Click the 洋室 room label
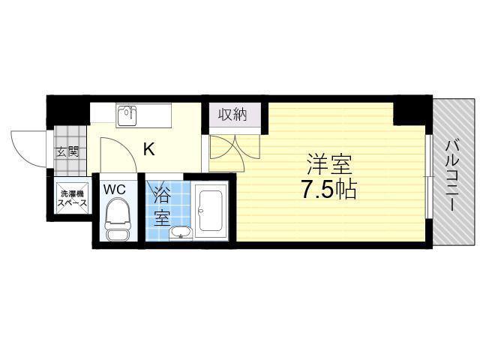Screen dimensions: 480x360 tap(329, 164)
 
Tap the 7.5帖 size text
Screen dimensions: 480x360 tap(328, 189)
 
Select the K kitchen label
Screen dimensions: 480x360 tap(149, 149)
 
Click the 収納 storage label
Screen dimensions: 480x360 tap(232, 115)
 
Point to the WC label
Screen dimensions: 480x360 tap(115, 190)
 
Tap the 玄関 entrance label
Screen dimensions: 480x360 tap(67, 151)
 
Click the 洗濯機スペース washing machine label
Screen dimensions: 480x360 tap(72, 198)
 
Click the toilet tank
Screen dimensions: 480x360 tap(118, 233)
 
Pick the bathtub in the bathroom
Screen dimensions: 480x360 tap(210, 211)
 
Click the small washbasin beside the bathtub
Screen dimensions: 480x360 tap(181, 232)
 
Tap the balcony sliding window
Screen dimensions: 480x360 tap(429, 177)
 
